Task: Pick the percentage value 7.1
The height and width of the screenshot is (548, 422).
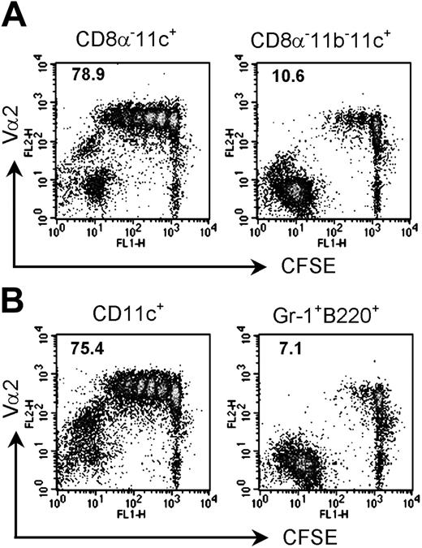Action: tap(276, 350)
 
